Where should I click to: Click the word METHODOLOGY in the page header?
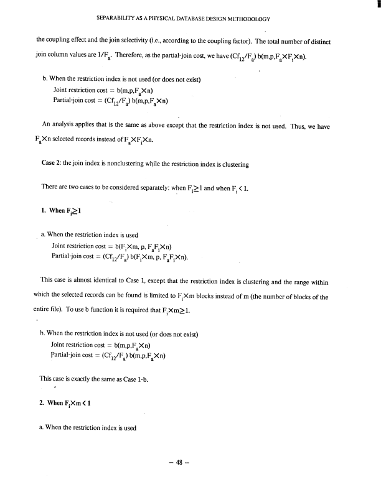click(247, 18)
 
